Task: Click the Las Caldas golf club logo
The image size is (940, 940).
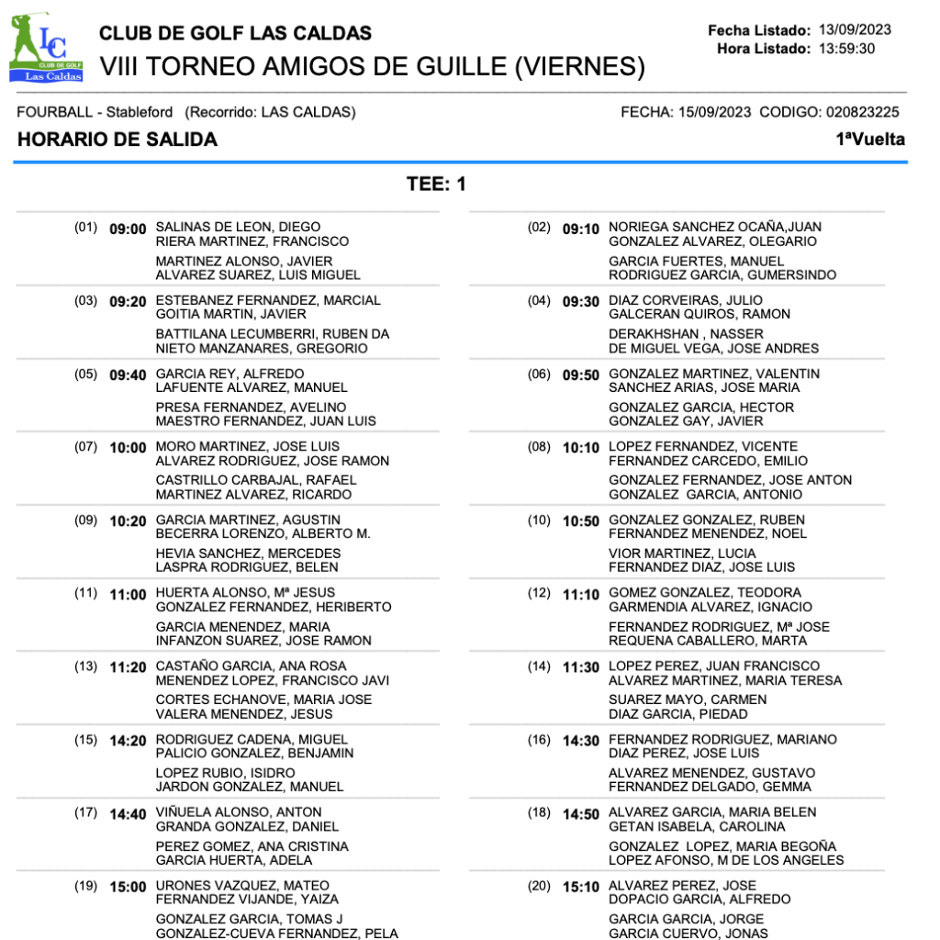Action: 46,49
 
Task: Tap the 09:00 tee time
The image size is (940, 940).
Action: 128,229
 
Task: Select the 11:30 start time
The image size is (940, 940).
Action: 580,667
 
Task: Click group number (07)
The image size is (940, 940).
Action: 86,446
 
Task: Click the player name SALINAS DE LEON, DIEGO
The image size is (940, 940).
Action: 238,227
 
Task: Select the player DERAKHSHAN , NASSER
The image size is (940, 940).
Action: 673,334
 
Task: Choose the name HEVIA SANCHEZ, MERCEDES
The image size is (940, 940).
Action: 248,554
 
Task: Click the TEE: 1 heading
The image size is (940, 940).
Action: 437,185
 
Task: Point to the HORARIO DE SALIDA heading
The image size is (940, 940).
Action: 117,140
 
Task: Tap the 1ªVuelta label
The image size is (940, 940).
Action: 869,140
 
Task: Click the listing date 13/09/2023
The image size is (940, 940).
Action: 855,29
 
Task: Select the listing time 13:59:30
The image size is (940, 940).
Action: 846,49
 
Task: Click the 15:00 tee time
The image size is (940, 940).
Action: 128,887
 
